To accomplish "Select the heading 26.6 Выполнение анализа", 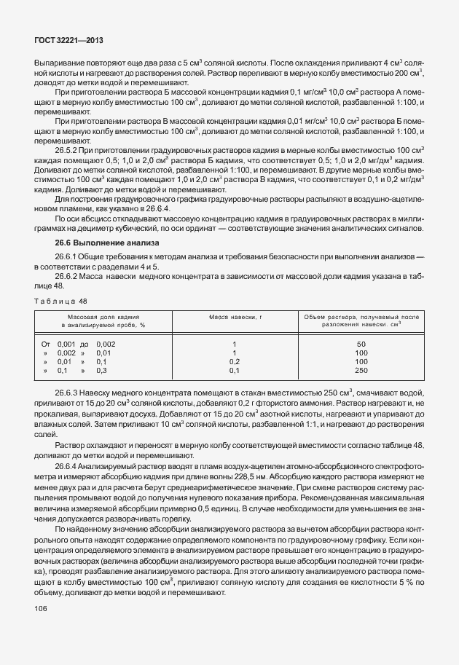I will pyautogui.click(x=101, y=242).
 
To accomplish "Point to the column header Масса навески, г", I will pyautogui.click(x=234, y=318).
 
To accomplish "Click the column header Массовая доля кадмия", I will pyautogui.click(x=109, y=318).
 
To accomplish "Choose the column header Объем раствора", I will pyautogui.click(x=360, y=318).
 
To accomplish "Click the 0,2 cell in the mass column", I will pyautogui.click(x=234, y=361).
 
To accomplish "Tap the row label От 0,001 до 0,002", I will pyautogui.click(x=78, y=344).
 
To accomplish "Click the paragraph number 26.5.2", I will pyautogui.click(x=68, y=150).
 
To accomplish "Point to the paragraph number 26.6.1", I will pyautogui.click(x=68, y=259).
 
